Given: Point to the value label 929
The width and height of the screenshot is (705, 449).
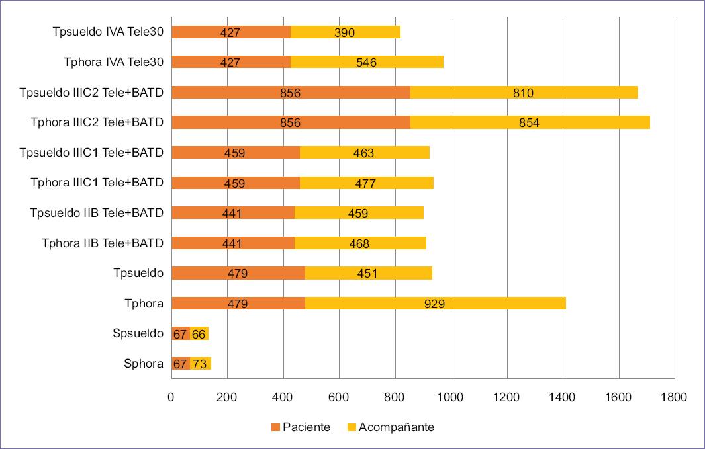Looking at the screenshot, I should (436, 304).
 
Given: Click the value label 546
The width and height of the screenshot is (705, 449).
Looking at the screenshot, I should (366, 63).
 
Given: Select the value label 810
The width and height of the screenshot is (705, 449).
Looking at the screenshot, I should (523, 93).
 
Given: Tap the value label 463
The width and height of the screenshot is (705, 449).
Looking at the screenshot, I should (363, 153).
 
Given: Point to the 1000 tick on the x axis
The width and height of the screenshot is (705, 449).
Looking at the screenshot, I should (451, 397).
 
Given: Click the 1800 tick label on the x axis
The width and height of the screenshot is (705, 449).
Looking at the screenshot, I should (674, 397).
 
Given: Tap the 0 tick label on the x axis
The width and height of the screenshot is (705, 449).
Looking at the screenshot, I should (171, 397).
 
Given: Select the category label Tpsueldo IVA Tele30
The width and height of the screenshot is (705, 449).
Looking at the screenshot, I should (108, 32).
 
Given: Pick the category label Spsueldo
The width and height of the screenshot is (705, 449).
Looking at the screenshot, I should (138, 333).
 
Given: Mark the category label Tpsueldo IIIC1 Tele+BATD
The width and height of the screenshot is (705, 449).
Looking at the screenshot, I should (91, 153).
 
